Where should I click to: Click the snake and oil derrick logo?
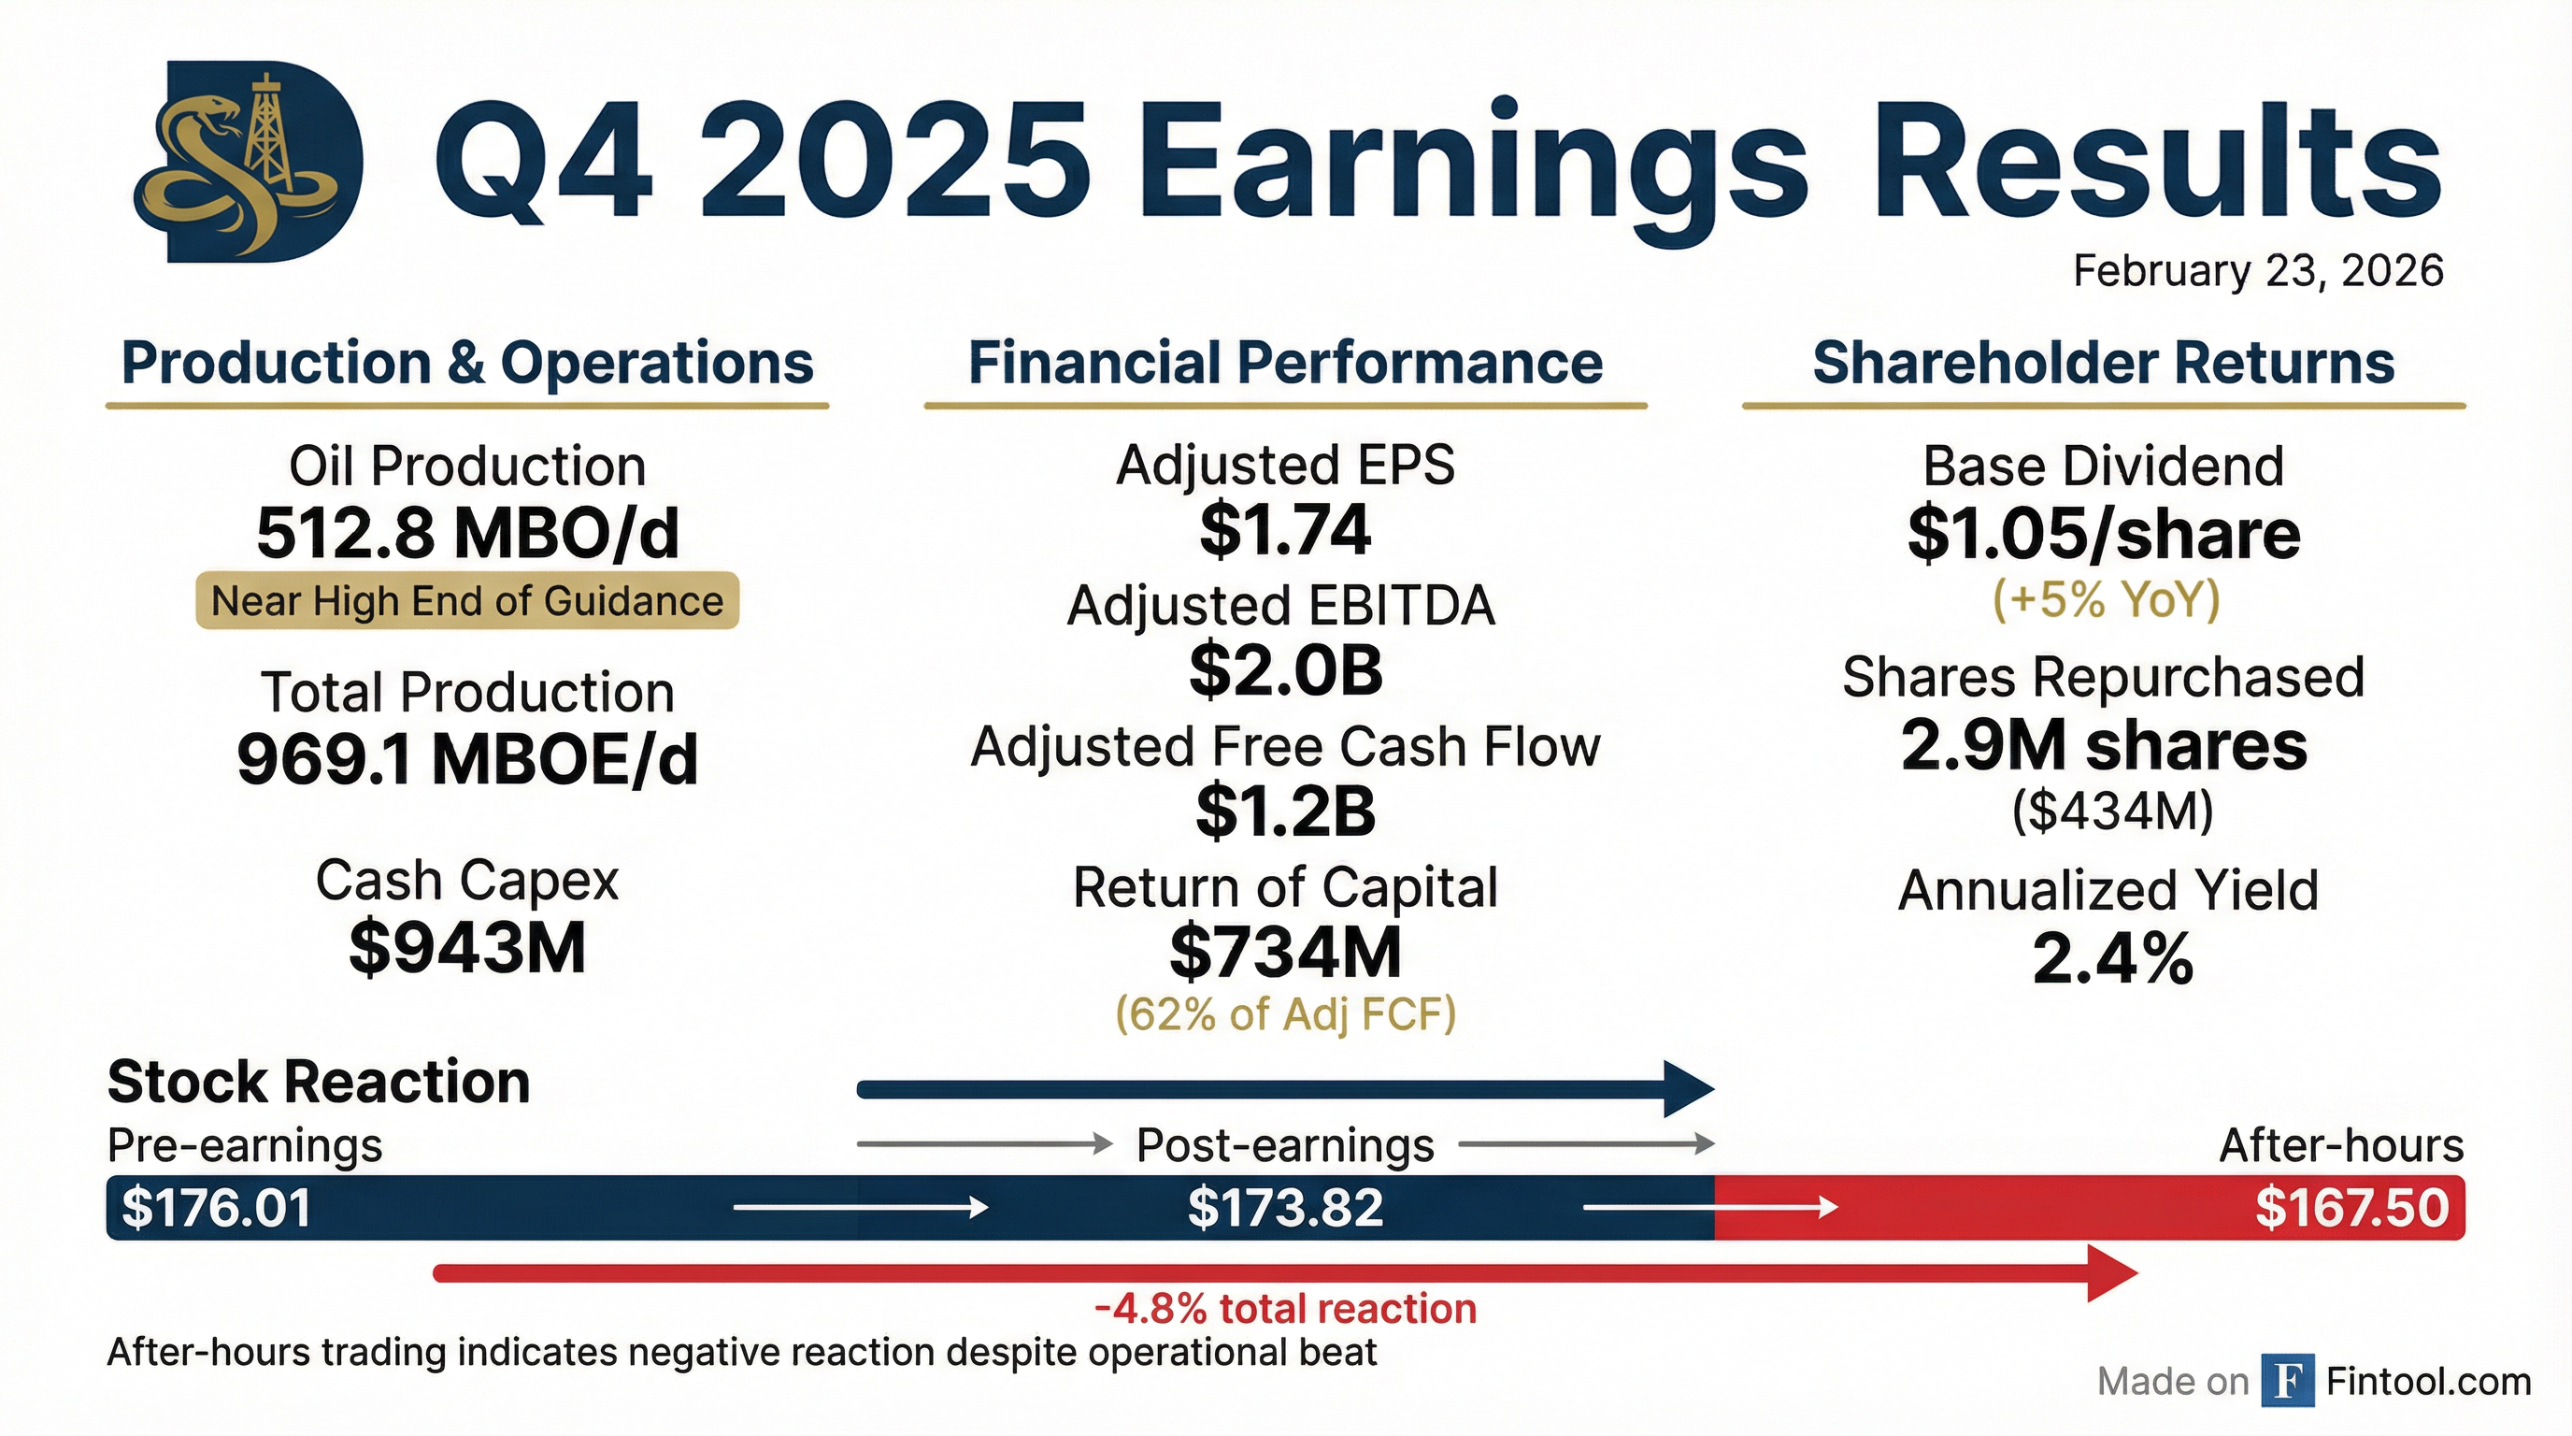click(248, 162)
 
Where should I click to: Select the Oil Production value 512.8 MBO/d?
click(467, 532)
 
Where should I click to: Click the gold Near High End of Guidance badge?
click(467, 600)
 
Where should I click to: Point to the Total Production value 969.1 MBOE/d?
click(467, 759)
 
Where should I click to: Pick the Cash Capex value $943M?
click(467, 948)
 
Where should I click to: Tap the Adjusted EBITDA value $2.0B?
click(1285, 670)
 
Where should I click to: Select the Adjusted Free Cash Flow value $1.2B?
click(1285, 811)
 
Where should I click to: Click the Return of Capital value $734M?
click(1285, 952)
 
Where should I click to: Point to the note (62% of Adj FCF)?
click(1285, 1013)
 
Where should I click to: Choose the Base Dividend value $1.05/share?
click(2104, 533)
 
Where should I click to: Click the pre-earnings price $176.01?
click(216, 1207)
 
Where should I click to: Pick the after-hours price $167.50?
click(2351, 1207)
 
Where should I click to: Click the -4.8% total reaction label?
click(1285, 1308)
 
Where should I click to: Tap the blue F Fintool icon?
click(2286, 1381)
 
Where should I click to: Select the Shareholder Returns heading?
click(2103, 362)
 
